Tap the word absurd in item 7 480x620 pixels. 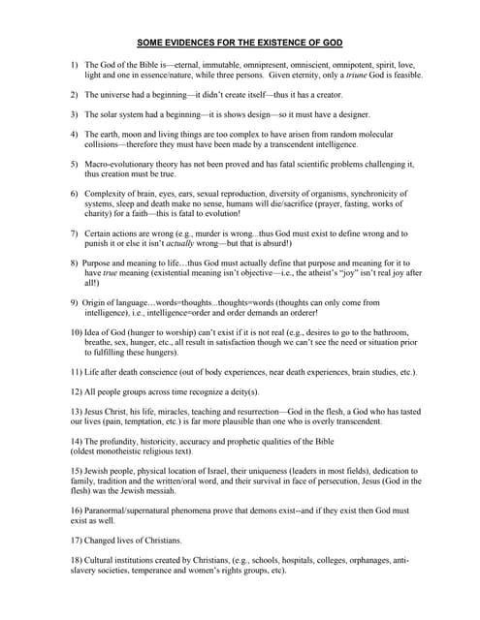(282, 244)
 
